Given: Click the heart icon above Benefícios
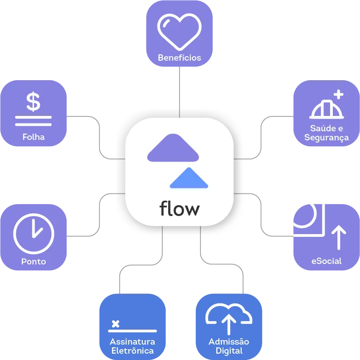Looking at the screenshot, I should (179, 31).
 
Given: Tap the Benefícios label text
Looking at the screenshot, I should (179, 58).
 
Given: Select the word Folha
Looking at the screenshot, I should (34, 136).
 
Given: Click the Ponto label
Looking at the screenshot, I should (34, 261).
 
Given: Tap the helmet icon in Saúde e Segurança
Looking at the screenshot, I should (326, 109).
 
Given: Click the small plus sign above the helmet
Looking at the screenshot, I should (338, 94).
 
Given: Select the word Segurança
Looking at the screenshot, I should (326, 137).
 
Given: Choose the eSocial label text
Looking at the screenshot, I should (326, 261).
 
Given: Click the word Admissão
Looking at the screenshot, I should (229, 342).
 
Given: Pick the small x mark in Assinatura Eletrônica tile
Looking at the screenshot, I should (116, 324).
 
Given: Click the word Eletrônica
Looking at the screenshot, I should (132, 350).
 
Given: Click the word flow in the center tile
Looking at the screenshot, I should (180, 209).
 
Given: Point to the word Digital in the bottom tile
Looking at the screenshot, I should (229, 350).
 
